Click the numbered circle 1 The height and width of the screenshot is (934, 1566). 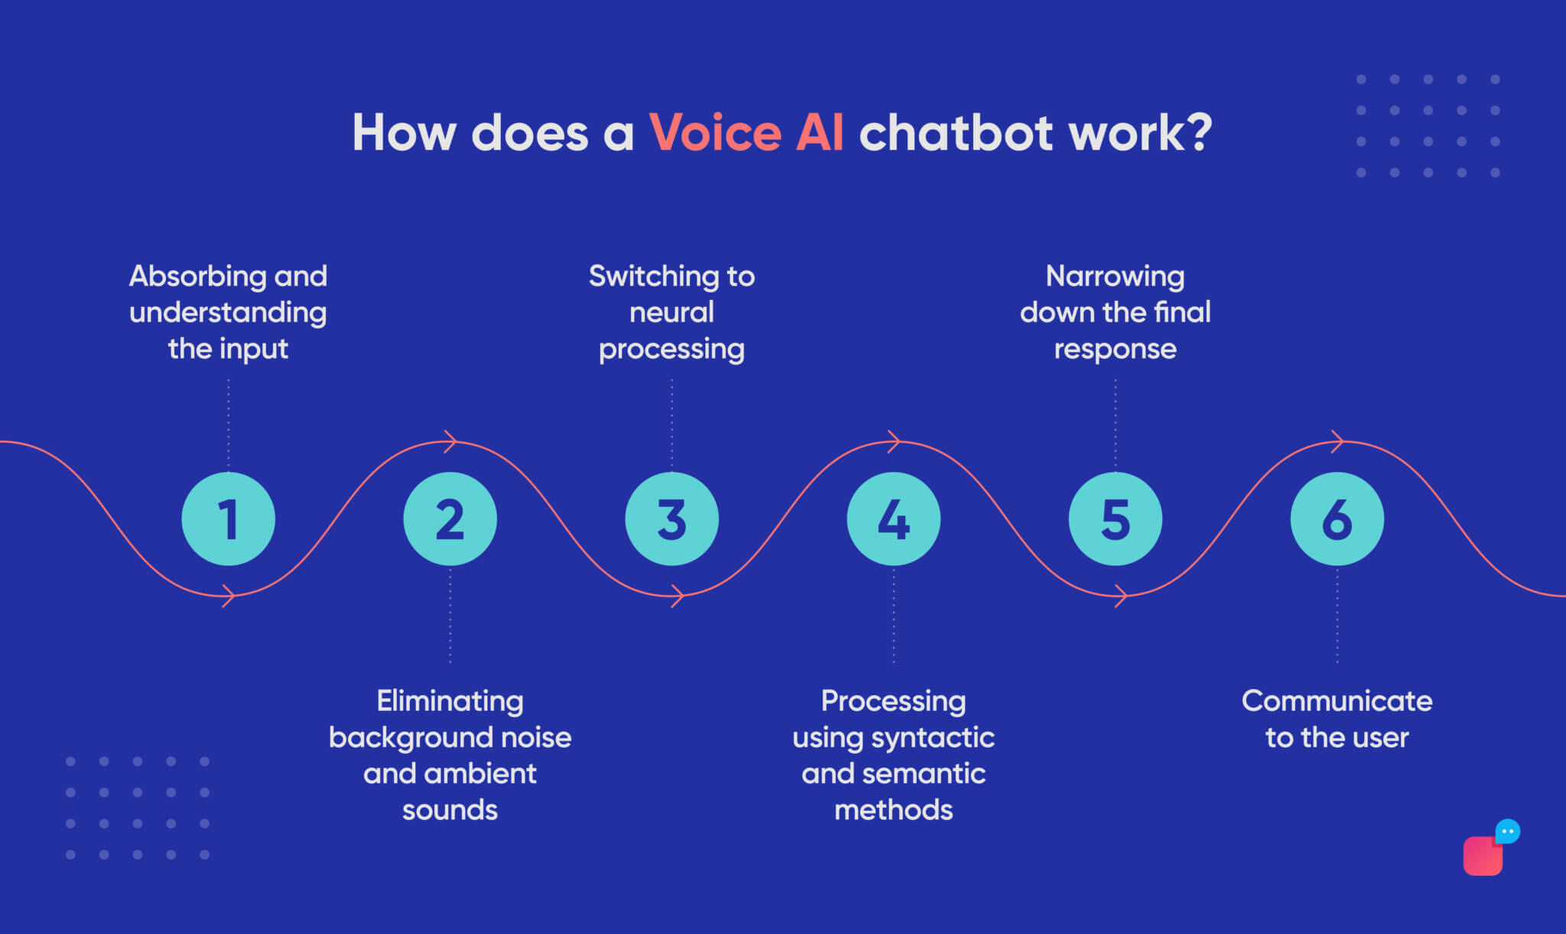pyautogui.click(x=228, y=519)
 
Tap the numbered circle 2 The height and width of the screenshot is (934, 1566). pyautogui.click(x=450, y=519)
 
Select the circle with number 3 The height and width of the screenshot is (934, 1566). pyautogui.click(x=671, y=519)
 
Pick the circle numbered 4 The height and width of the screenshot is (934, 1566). pyautogui.click(x=893, y=519)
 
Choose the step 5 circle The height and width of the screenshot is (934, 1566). pyautogui.click(x=1115, y=519)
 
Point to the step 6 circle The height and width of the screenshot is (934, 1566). pyautogui.click(x=1337, y=519)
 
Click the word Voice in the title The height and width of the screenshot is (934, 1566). pyautogui.click(x=715, y=133)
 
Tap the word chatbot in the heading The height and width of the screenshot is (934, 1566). pyautogui.click(x=957, y=133)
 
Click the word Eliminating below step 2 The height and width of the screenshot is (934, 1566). pyautogui.click(x=450, y=701)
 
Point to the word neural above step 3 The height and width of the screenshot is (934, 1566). pyautogui.click(x=671, y=312)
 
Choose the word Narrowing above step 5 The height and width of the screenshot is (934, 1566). pyautogui.click(x=1115, y=276)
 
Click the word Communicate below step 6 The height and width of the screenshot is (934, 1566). pyautogui.click(x=1337, y=701)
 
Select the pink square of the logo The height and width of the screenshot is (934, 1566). pyautogui.click(x=1481, y=858)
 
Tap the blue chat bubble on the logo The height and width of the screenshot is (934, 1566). pyautogui.click(x=1507, y=831)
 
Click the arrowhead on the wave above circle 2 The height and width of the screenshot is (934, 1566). pyautogui.click(x=451, y=441)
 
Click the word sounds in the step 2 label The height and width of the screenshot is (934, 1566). pyautogui.click(x=450, y=810)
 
